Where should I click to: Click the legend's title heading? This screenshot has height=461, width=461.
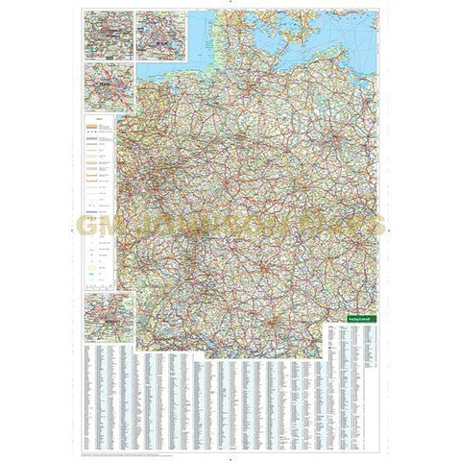(99, 118)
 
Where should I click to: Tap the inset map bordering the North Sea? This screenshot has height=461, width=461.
(160, 36)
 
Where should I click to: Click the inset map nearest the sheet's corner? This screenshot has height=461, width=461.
(109, 36)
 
